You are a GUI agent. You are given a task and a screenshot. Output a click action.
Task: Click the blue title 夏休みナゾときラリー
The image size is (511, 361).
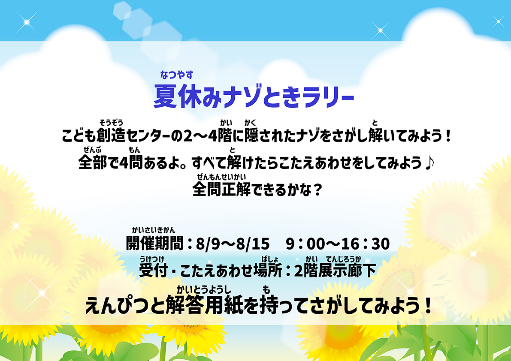[x=254, y=96]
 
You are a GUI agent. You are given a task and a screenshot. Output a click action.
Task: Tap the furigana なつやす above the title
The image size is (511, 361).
[x=177, y=75]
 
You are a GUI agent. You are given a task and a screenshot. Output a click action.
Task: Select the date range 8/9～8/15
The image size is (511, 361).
[x=233, y=244]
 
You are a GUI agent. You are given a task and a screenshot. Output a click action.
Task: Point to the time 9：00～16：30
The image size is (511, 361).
[x=338, y=244]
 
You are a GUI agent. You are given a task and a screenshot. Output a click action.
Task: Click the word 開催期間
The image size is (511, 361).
[x=155, y=244]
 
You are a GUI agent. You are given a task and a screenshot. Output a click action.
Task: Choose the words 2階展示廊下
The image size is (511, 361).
[x=335, y=271]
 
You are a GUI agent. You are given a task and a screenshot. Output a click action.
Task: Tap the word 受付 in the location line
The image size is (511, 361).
[x=153, y=271]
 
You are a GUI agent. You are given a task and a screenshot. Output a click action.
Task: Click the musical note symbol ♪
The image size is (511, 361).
[x=430, y=162]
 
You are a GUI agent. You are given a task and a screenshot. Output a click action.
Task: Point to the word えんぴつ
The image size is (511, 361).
[x=125, y=306]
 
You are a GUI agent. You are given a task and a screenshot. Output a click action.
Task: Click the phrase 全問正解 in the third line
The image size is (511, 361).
[x=222, y=189]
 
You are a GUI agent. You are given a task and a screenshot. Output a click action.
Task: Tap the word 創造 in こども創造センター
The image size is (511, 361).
[x=111, y=135]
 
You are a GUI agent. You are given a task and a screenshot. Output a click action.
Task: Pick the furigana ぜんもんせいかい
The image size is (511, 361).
[x=221, y=177]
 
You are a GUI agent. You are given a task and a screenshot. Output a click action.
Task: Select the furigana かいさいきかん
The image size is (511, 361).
[x=154, y=230]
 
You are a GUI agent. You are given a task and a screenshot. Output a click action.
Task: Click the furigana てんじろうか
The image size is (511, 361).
[x=343, y=259]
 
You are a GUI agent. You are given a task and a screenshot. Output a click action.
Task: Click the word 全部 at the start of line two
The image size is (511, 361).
[x=93, y=162]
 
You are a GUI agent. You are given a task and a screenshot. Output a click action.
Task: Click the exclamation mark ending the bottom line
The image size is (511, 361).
[x=428, y=306]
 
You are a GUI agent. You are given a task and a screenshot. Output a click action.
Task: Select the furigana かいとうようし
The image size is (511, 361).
[x=204, y=289]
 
